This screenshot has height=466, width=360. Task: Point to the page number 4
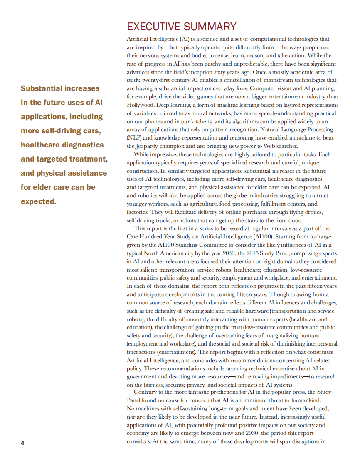22,443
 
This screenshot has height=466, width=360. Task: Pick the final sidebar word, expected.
38,201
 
